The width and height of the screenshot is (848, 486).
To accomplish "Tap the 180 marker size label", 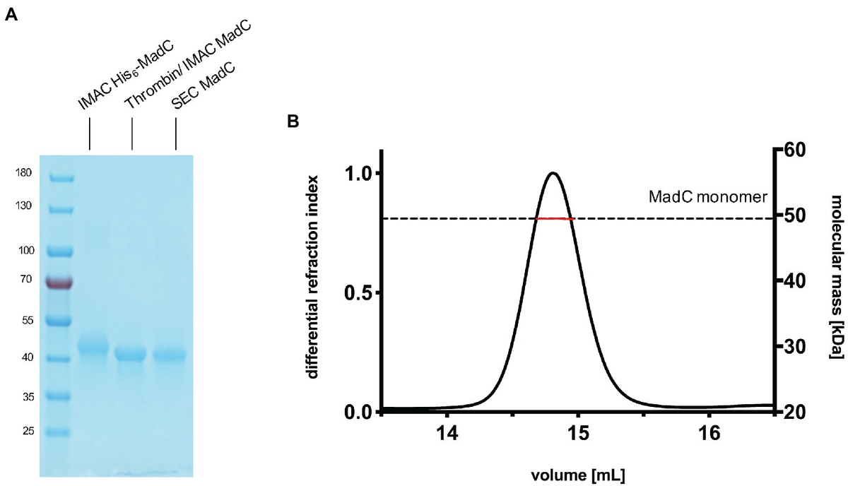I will pyautogui.click(x=24, y=173).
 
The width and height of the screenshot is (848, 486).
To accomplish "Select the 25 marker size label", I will pyautogui.click(x=26, y=430).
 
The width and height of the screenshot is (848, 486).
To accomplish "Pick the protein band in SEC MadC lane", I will pyautogui.click(x=169, y=355).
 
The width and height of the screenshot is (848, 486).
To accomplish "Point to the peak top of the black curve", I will pyautogui.click(x=553, y=173).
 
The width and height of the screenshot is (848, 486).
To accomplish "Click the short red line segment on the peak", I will pyautogui.click(x=555, y=219).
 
